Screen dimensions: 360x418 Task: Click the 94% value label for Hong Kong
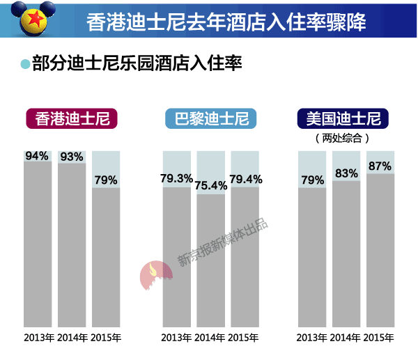tap(37, 156)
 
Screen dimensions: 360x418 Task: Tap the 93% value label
tap(71, 157)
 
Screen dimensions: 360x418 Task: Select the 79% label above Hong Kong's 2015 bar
tap(106, 180)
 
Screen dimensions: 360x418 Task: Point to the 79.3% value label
tap(176, 179)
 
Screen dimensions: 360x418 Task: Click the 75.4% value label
tap(210, 186)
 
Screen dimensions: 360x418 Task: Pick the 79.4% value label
tap(245, 179)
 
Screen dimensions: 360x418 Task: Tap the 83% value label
tap(346, 173)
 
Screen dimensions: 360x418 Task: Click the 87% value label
tap(380, 166)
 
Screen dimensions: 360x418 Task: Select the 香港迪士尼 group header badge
tap(72, 119)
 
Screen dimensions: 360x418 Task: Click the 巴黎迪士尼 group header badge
tap(210, 119)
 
